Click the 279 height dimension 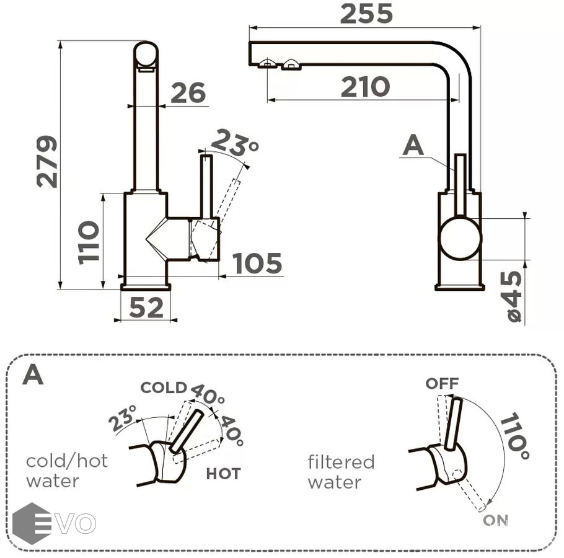[47, 162]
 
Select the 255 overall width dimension [366, 13]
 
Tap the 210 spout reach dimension [365, 87]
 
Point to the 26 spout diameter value [187, 93]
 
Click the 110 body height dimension [90, 242]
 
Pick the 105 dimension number [257, 263]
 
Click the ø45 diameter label [514, 297]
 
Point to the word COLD [164, 388]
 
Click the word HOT [223, 474]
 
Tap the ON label [495, 521]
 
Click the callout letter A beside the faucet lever [413, 146]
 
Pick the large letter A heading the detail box [33, 374]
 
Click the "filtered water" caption [341, 472]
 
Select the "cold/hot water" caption [67, 471]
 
